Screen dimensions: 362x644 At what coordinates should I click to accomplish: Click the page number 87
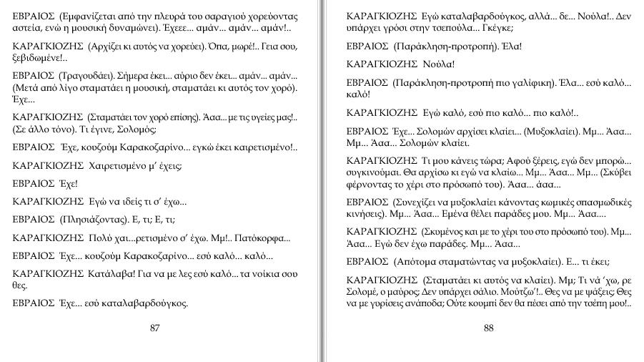(x=155, y=328)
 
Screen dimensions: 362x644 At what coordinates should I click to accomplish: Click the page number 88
(x=489, y=328)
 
